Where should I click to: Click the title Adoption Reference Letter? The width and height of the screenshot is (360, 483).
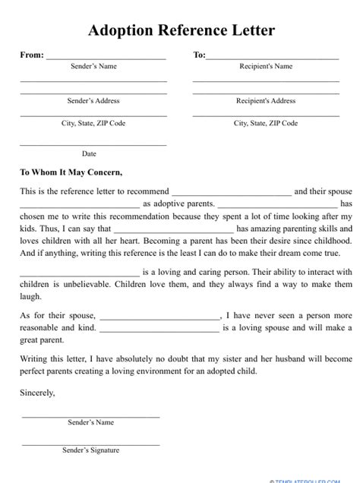(181, 31)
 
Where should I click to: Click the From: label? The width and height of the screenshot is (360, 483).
(31, 55)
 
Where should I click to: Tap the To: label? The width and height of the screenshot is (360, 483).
(199, 55)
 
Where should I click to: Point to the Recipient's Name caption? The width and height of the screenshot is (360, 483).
(265, 67)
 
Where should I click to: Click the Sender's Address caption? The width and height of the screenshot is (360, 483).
(93, 100)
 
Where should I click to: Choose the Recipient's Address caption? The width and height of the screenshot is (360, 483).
(265, 100)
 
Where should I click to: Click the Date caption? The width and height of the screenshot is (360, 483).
(89, 154)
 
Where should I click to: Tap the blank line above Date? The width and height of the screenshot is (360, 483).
(93, 144)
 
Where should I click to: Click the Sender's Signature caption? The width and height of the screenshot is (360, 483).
(90, 450)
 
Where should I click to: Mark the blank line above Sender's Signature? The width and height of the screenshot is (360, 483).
(90, 443)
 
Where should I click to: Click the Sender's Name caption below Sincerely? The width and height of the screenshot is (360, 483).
(90, 422)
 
